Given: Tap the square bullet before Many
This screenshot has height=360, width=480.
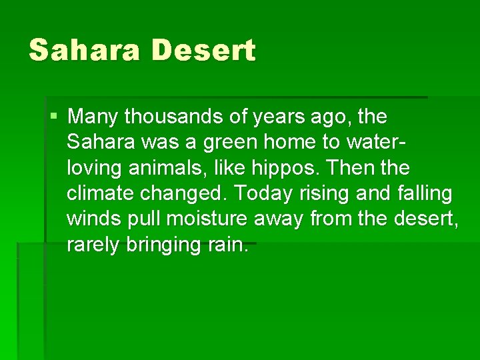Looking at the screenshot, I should [x=53, y=117].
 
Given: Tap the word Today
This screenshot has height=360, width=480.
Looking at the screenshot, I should [x=262, y=194].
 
